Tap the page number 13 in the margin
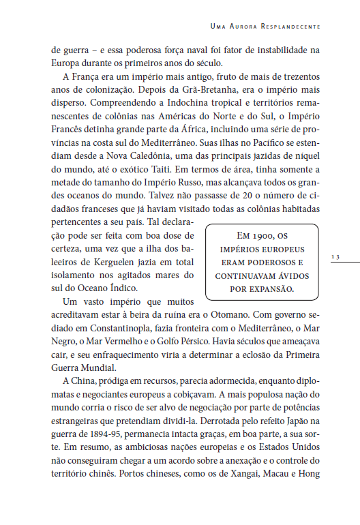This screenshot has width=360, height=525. coord(335,256)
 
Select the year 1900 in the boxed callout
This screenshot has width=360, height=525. coord(259,235)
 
